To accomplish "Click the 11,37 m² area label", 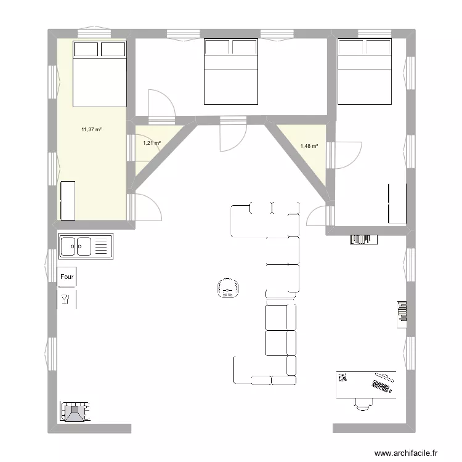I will (x=91, y=129).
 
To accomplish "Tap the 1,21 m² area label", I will (x=152, y=143).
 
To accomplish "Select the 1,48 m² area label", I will (x=309, y=146).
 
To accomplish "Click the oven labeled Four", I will (x=67, y=277).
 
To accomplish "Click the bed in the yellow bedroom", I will (x=100, y=73).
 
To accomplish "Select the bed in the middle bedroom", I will (x=231, y=71).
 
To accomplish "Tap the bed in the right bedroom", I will (x=365, y=71).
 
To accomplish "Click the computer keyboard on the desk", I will (x=383, y=386).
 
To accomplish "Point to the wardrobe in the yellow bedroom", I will (x=67, y=200).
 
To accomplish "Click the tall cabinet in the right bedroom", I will (x=397, y=203).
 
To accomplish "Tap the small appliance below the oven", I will (x=67, y=300).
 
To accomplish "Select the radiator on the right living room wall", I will (x=402, y=310).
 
